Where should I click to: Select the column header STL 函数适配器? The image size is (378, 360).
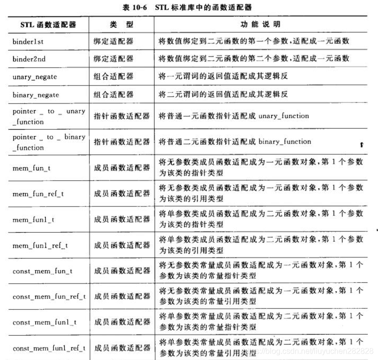[48, 24]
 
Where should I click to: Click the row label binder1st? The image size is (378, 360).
[29, 41]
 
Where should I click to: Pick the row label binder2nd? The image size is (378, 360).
[30, 59]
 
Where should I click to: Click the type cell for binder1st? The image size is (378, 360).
[113, 41]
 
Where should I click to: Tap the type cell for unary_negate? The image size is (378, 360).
[113, 77]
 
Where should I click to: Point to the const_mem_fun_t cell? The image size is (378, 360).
[43, 271]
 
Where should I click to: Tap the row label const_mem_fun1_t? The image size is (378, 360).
[45, 322]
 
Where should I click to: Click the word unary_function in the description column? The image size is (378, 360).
[283, 116]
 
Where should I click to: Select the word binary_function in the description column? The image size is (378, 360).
[285, 141]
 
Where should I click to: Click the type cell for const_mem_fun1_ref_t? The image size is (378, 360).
[122, 348]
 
